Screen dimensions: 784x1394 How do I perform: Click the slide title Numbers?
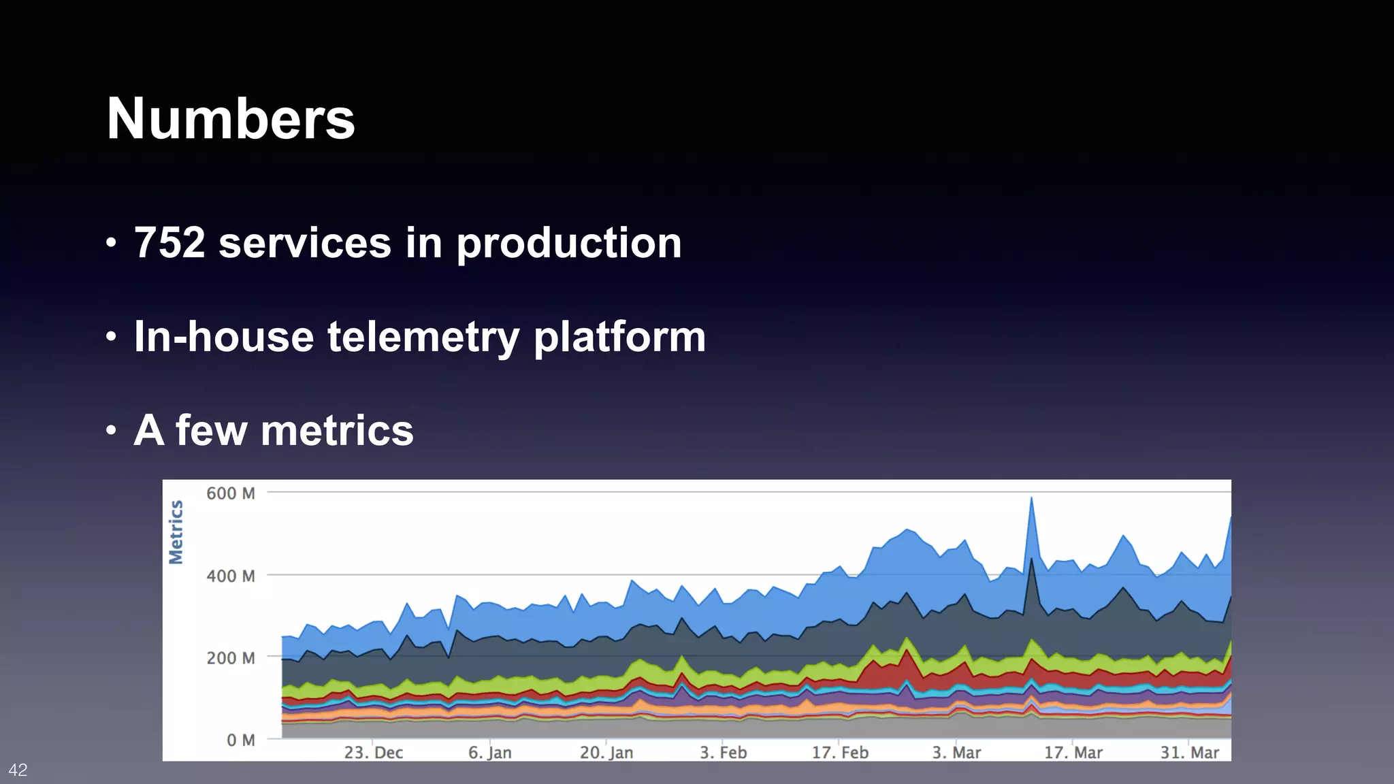click(231, 119)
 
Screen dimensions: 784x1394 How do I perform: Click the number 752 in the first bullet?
click(169, 243)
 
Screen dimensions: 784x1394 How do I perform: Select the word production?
click(568, 244)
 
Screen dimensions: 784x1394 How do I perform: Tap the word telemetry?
click(423, 338)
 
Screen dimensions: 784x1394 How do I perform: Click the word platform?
click(619, 338)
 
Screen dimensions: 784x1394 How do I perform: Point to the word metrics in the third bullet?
click(337, 431)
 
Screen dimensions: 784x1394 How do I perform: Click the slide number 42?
click(18, 770)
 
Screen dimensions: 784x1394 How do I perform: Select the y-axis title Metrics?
click(176, 532)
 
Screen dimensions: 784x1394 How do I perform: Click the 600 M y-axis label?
click(231, 493)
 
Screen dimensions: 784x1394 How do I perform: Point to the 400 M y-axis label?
click(231, 576)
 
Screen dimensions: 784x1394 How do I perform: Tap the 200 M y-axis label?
click(231, 658)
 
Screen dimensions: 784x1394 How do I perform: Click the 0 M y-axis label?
click(240, 740)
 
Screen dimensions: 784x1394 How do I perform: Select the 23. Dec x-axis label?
click(373, 753)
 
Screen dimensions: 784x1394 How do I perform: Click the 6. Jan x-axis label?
click(489, 753)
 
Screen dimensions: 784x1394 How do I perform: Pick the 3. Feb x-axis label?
click(723, 753)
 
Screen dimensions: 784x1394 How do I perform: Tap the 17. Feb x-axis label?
click(840, 753)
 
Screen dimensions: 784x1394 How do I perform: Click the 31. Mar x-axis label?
click(1189, 753)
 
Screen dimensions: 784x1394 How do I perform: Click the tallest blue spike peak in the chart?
click(1031, 499)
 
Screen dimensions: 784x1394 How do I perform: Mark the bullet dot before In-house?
click(112, 337)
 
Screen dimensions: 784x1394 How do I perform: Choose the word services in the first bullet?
click(304, 243)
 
